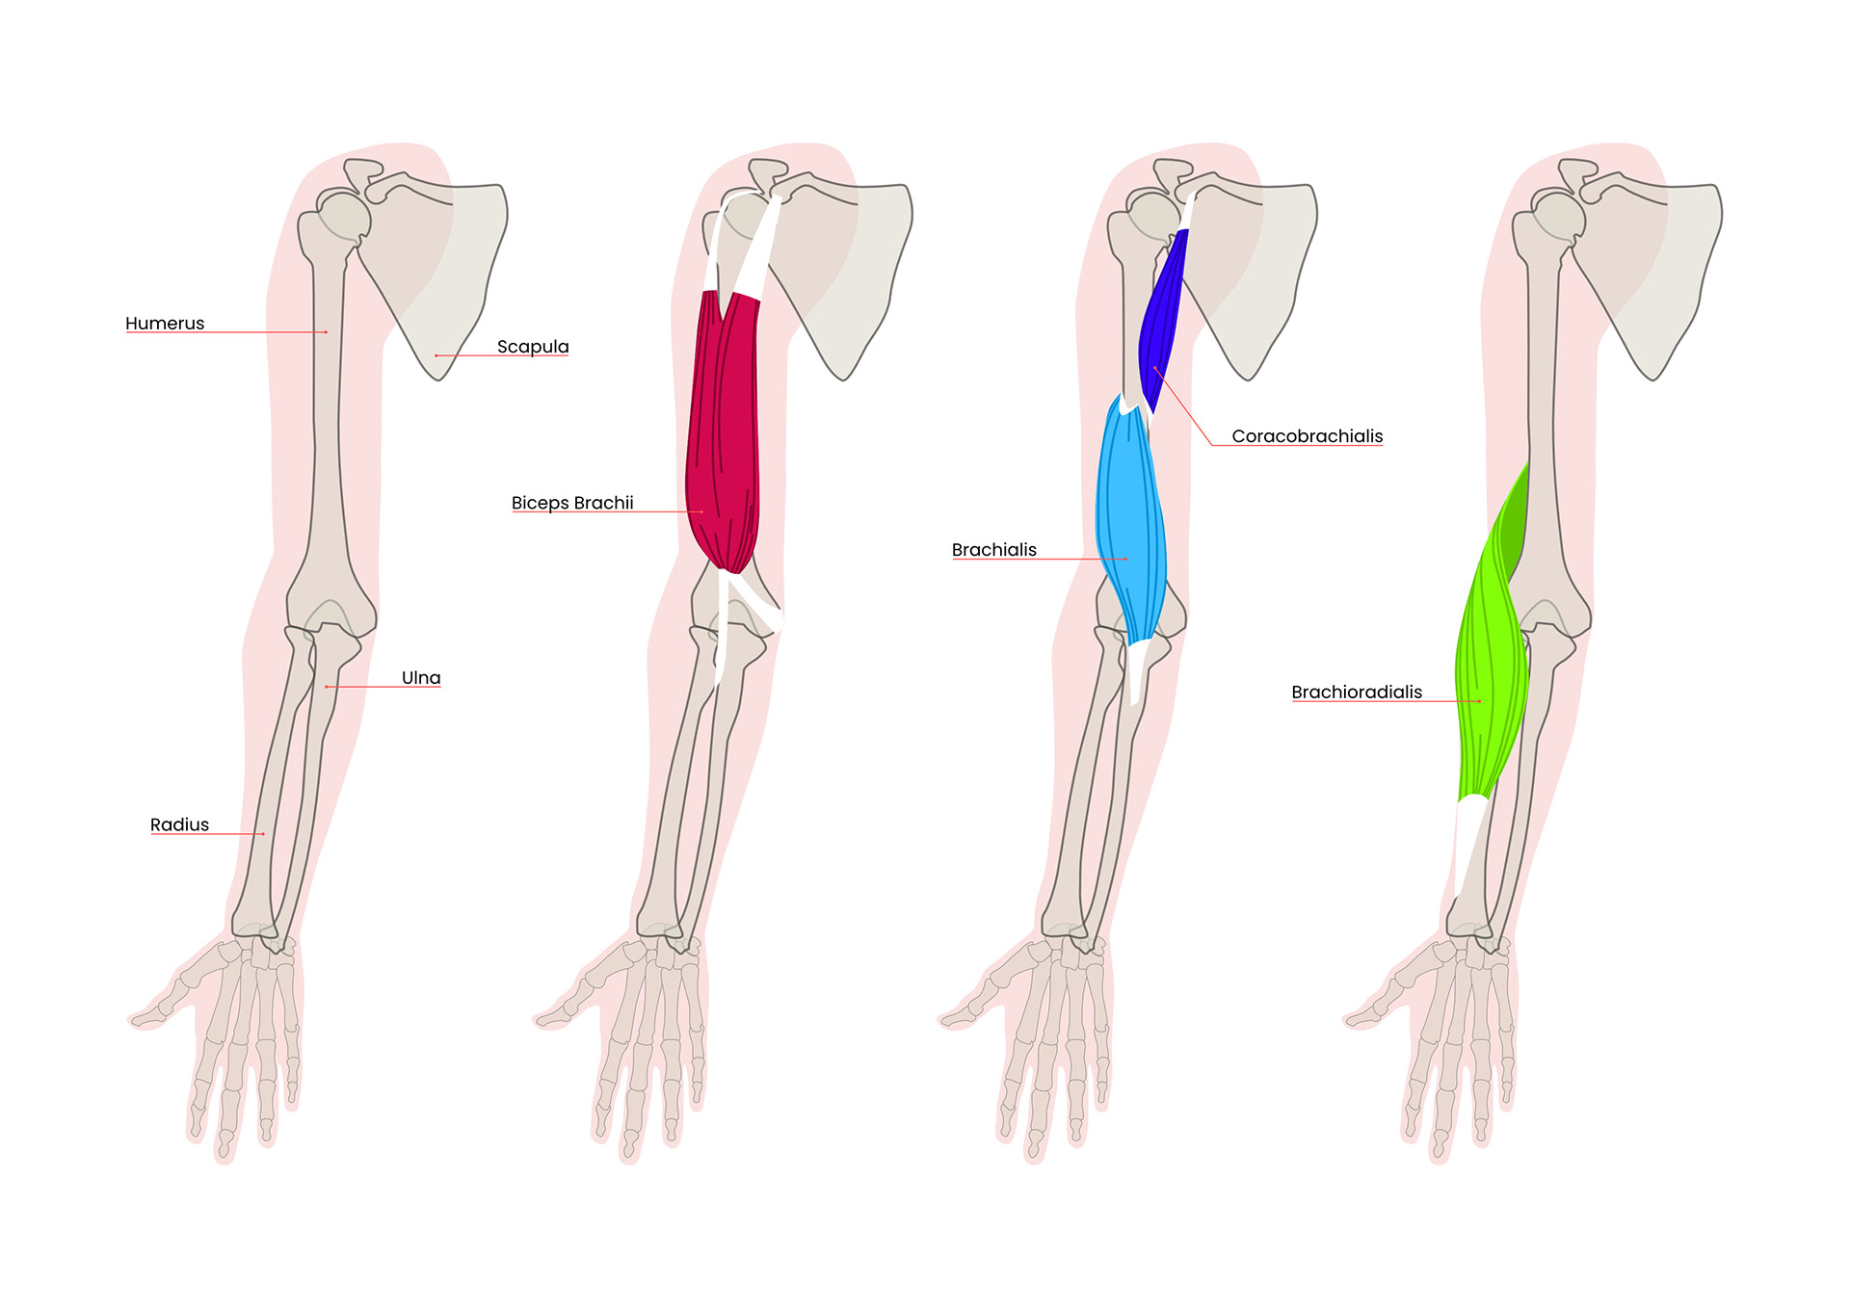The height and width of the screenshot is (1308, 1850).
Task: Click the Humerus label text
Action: coord(165,324)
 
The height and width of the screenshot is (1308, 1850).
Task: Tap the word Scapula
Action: coord(533,347)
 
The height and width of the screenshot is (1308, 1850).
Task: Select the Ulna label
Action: coord(421,678)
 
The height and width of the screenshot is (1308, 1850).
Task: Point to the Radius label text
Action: coord(179,824)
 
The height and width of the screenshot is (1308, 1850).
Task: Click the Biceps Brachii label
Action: coord(572,503)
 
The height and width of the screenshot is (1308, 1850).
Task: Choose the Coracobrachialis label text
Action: coord(1307,436)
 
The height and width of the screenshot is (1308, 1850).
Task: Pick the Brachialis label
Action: coord(994,550)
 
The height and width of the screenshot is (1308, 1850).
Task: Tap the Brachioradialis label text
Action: coord(1357,693)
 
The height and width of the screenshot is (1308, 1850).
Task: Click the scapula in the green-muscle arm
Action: coord(1667,270)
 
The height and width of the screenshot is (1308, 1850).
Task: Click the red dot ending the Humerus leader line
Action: coord(326,332)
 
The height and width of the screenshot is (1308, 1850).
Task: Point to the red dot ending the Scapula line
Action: coord(436,355)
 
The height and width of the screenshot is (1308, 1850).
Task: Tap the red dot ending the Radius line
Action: coord(263,834)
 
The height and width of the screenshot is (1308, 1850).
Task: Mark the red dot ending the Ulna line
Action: coord(327,687)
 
